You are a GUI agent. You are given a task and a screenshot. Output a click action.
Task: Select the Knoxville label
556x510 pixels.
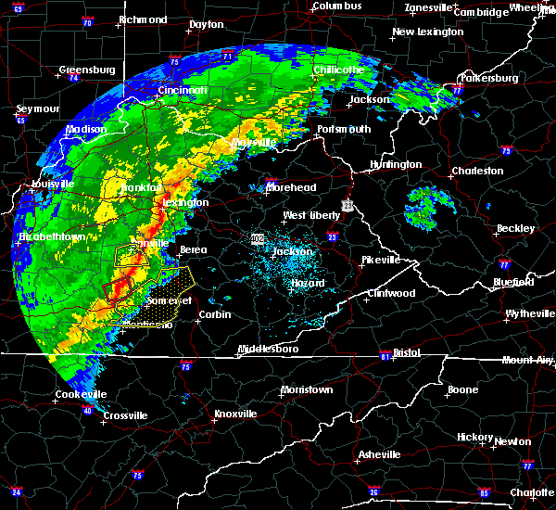240,413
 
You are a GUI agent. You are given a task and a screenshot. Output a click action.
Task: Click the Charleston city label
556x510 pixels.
477,171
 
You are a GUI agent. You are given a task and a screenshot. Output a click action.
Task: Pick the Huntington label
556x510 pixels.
397,164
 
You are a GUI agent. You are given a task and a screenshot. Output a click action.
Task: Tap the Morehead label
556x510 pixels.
292,187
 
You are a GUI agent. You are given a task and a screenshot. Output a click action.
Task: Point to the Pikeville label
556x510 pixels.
380,260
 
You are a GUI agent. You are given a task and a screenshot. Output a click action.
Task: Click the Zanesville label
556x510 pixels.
431,7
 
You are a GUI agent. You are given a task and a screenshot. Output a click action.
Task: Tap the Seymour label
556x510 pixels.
38,108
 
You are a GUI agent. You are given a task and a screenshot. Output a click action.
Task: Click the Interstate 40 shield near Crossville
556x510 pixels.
87,411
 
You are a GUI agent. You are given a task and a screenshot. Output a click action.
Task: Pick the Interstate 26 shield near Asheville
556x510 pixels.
374,490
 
